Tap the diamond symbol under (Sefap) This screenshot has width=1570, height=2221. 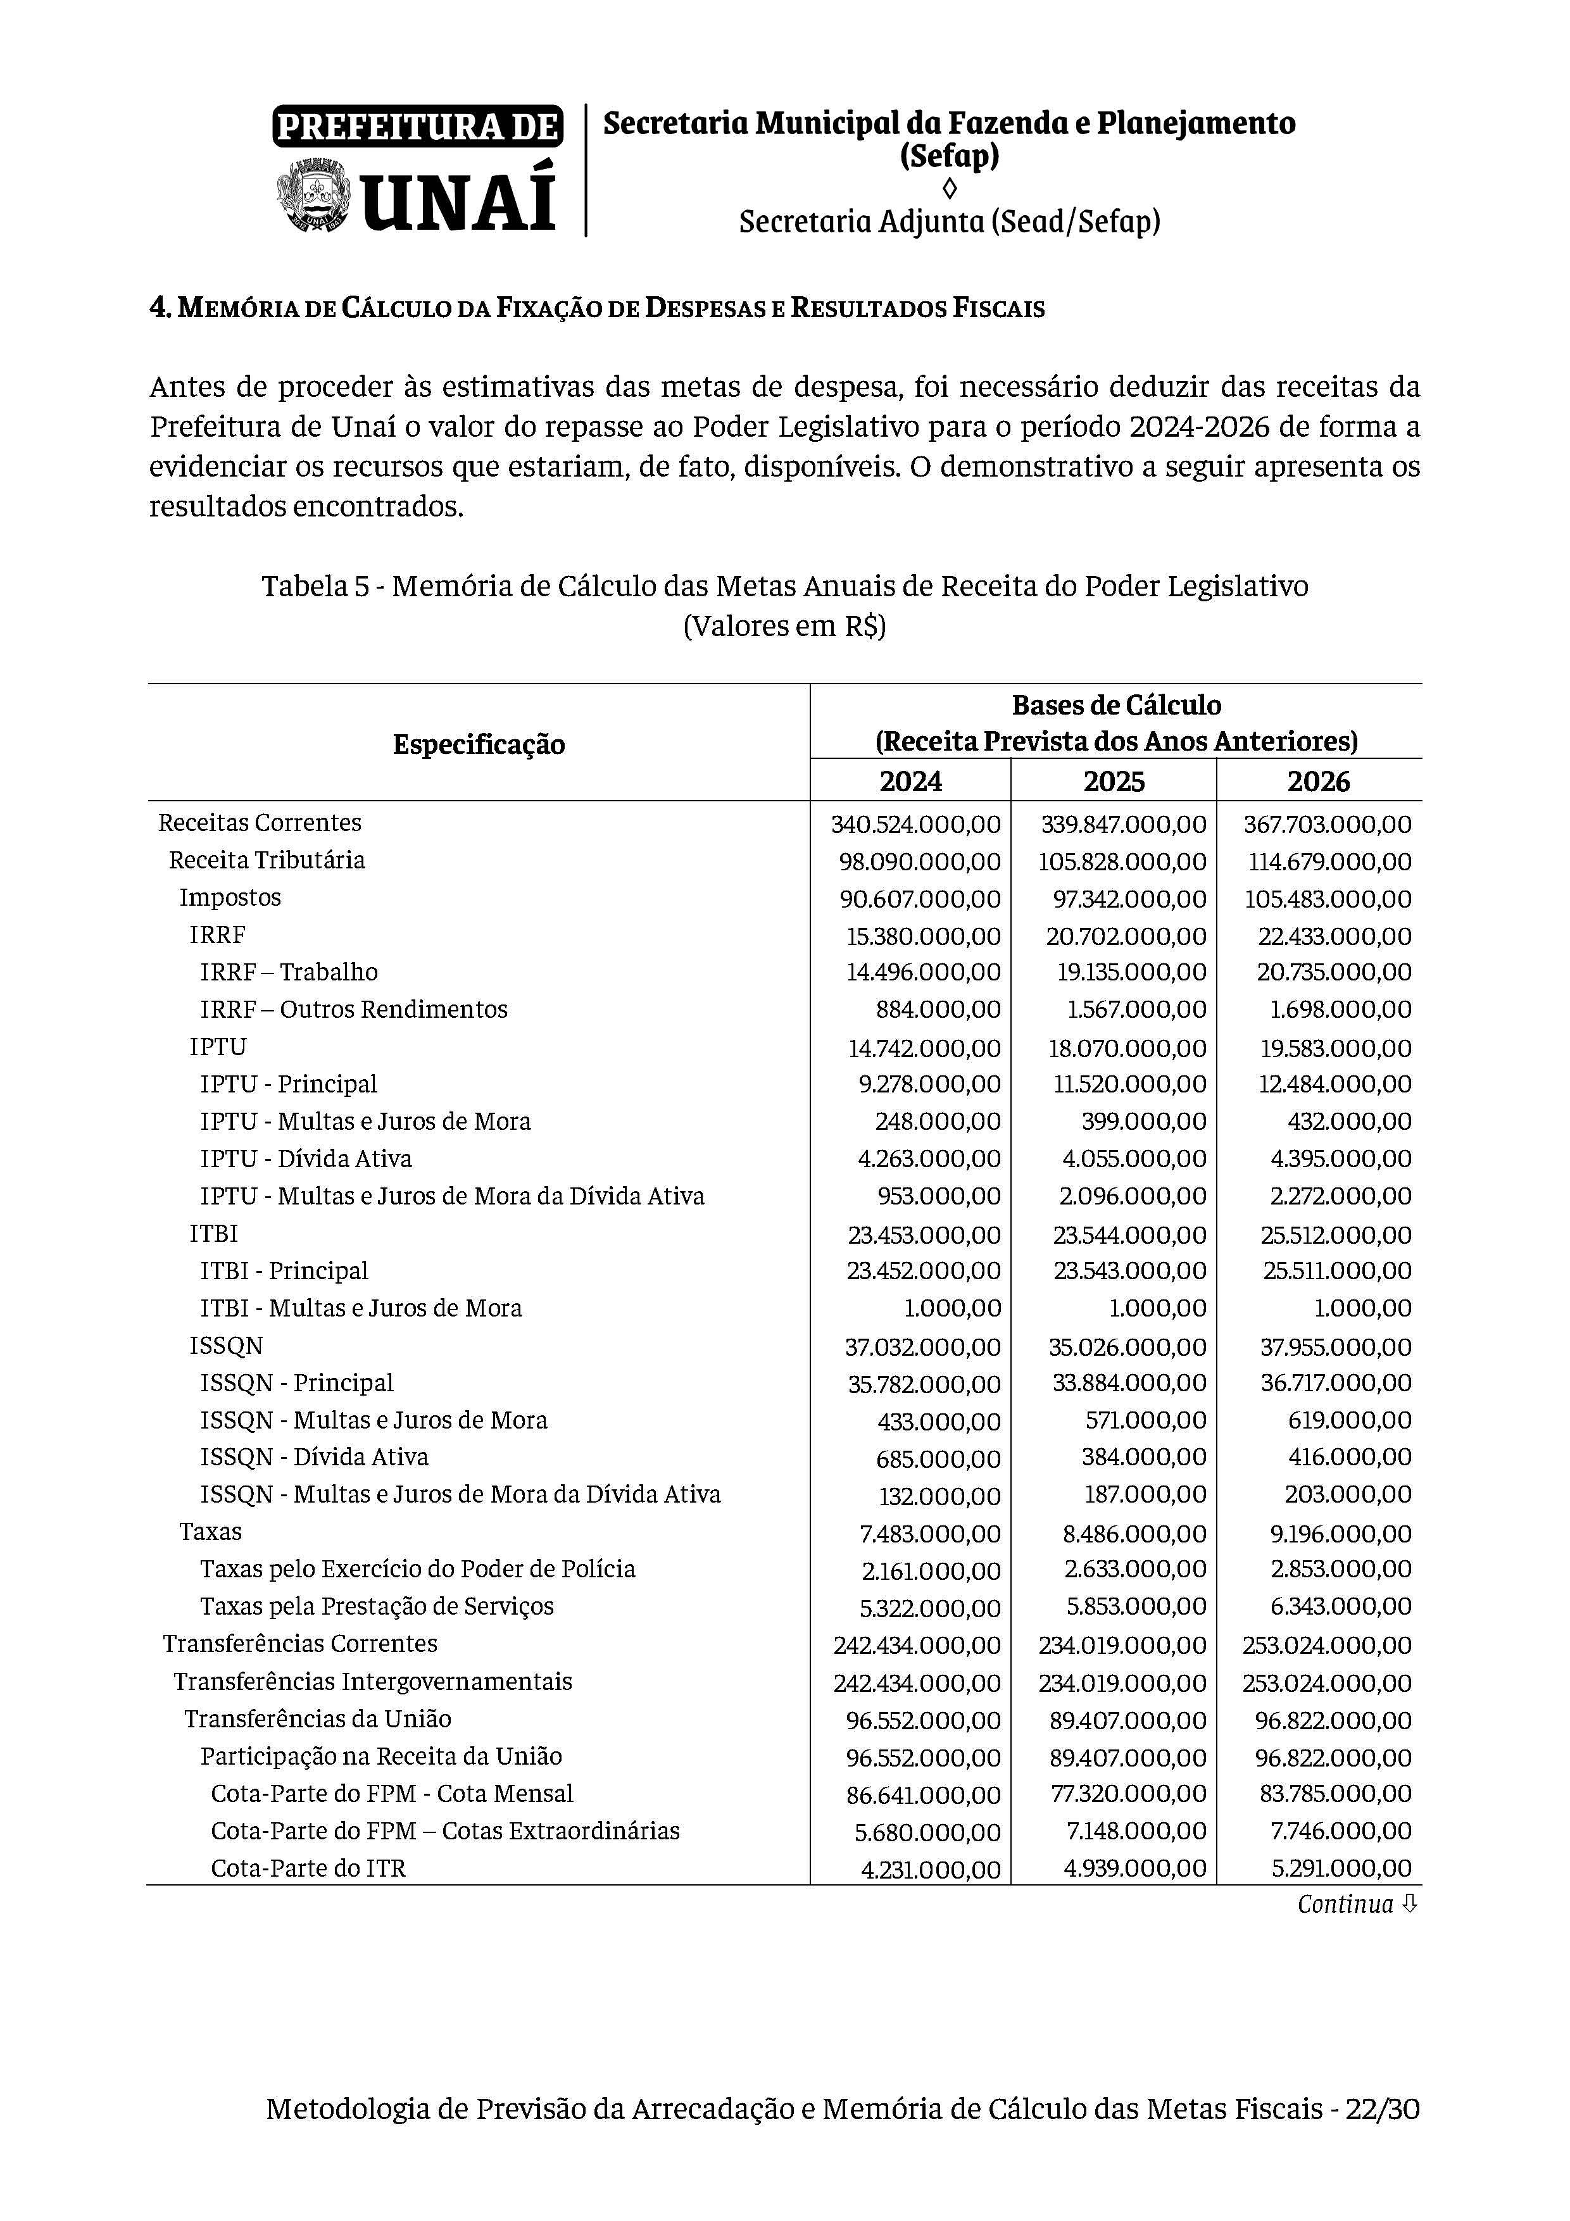949,187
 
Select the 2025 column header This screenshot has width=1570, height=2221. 1114,780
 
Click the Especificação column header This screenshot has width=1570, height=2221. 479,744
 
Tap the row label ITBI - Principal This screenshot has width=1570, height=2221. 284,1271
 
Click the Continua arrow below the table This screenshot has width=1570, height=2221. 1409,1904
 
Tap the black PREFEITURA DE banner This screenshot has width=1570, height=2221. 418,127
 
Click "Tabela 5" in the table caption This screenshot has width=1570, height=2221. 315,586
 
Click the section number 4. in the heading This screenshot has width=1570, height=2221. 161,309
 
